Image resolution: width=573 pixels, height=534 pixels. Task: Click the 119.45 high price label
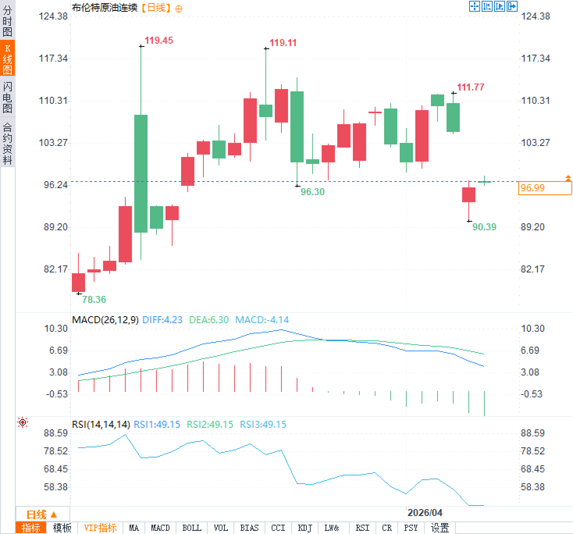(158, 41)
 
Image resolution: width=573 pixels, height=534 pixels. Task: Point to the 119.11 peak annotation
(283, 43)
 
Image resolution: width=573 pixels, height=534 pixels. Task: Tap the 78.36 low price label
(94, 299)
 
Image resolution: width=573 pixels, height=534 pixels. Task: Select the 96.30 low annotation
(313, 192)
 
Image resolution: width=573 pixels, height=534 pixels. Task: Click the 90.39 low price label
(484, 227)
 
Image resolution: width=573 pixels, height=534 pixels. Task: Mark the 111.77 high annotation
(470, 87)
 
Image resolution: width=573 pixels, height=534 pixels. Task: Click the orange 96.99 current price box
(544, 188)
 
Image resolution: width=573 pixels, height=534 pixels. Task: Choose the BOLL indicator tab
(192, 528)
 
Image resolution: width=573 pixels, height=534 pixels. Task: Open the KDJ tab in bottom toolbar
(305, 528)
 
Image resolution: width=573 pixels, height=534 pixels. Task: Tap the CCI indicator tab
(278, 528)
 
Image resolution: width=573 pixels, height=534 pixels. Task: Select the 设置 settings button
(440, 528)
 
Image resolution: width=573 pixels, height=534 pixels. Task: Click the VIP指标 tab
(100, 528)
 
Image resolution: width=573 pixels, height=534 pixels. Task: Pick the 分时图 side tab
(7, 21)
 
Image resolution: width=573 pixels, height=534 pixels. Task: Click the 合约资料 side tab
(7, 143)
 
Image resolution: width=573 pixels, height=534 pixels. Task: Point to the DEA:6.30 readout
(208, 320)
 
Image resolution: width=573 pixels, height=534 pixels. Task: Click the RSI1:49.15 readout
(157, 424)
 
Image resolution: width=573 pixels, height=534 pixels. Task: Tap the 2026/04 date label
(425, 513)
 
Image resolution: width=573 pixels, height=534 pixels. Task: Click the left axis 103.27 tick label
(53, 143)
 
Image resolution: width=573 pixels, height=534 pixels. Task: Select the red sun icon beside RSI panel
(23, 422)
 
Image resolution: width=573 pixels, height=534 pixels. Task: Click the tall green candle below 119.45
(141, 174)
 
